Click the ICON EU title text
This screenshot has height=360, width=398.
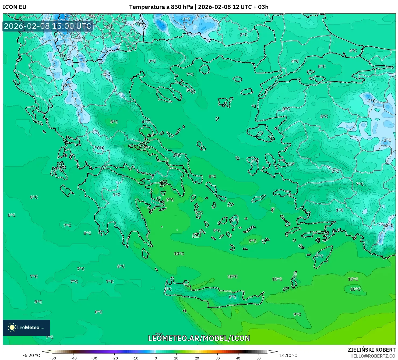point(15,7)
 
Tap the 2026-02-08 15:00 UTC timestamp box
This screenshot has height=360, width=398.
point(48,26)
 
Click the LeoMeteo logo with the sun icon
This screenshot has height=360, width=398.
point(26,327)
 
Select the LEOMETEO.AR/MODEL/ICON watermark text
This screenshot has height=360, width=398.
point(199,338)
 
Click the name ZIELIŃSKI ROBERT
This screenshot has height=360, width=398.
point(371,350)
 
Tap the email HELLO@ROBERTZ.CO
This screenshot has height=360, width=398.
point(373,356)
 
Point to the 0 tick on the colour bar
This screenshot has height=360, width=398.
point(156,358)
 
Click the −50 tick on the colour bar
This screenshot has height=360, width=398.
point(53,358)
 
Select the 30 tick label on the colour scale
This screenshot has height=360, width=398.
point(217,358)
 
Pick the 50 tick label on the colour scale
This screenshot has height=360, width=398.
point(259,358)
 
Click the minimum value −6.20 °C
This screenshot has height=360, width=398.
point(31,355)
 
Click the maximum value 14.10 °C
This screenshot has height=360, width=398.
point(288,355)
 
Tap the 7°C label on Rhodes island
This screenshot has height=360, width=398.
point(320,256)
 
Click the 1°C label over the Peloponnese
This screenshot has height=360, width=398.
point(117,195)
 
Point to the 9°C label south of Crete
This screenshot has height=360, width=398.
point(297,314)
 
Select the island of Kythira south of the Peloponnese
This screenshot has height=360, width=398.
point(145,253)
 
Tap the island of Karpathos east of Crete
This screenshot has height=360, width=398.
point(294,280)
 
